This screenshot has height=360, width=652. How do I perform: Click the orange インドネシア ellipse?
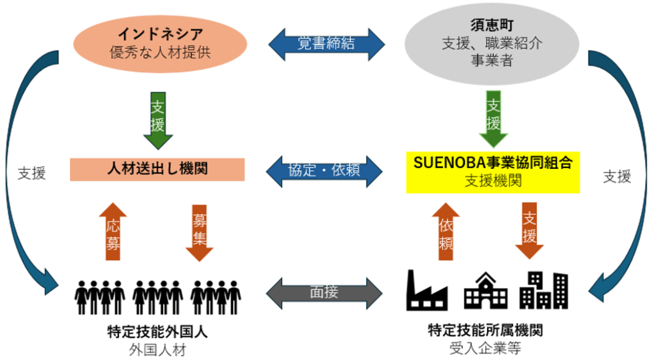click(160, 43)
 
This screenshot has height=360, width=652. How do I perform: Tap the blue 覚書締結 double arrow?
click(326, 43)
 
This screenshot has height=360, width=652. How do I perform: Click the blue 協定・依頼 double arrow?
click(326, 170)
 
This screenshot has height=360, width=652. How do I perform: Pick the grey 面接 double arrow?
click(326, 292)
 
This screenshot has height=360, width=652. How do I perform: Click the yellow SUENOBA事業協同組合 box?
click(493, 171)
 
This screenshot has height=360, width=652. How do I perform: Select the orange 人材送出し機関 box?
click(157, 169)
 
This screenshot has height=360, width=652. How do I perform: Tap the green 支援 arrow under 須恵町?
click(493, 118)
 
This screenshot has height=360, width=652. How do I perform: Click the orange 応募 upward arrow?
click(113, 232)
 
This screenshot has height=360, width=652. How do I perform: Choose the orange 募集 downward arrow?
click(199, 232)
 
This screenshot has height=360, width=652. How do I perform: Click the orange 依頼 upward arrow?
click(446, 232)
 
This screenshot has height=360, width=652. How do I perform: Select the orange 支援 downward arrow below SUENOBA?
click(529, 232)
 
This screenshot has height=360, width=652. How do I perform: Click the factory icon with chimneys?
click(427, 291)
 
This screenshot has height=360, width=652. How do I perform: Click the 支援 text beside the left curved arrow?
click(32, 173)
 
